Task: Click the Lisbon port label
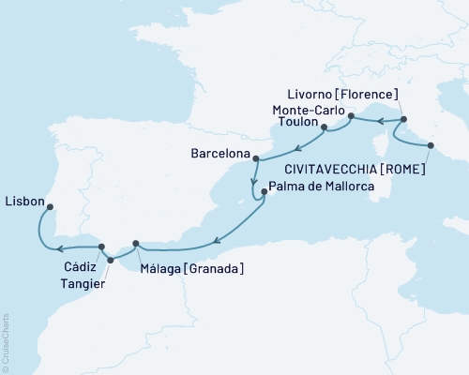coord(23,200)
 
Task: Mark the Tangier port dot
coord(111,260)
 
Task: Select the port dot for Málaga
coord(137,245)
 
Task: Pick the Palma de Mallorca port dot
coord(265,192)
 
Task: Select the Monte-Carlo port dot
coord(350,116)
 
